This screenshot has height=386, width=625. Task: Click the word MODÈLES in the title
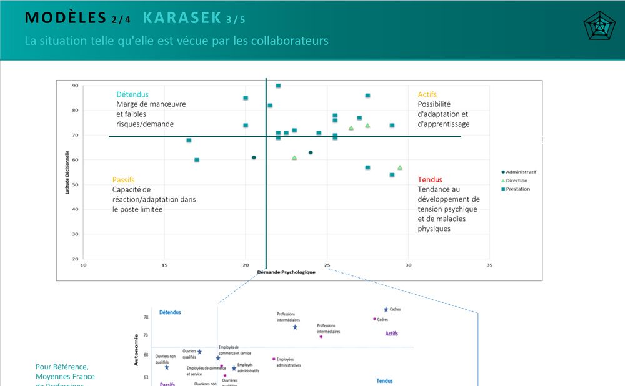[65, 18]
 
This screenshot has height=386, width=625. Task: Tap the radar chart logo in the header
[599, 26]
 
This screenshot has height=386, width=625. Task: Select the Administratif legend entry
[521, 172]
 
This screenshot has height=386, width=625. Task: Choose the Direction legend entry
[516, 181]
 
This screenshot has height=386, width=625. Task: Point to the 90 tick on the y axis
[75, 86]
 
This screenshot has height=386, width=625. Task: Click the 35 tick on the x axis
[489, 265]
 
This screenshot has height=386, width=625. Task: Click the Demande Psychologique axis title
[286, 272]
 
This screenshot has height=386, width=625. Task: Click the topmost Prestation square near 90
[278, 86]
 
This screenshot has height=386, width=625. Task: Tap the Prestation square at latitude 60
[197, 160]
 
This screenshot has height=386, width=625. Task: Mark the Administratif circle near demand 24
[311, 152]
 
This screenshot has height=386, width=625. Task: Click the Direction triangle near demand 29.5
[400, 167]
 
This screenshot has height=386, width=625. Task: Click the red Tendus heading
[430, 180]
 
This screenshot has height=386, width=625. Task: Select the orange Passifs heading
[124, 180]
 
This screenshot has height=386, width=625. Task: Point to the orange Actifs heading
[427, 94]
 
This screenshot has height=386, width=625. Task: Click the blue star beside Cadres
[386, 309]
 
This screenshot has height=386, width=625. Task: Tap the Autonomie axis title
[136, 349]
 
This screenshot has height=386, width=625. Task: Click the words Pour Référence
[62, 367]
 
